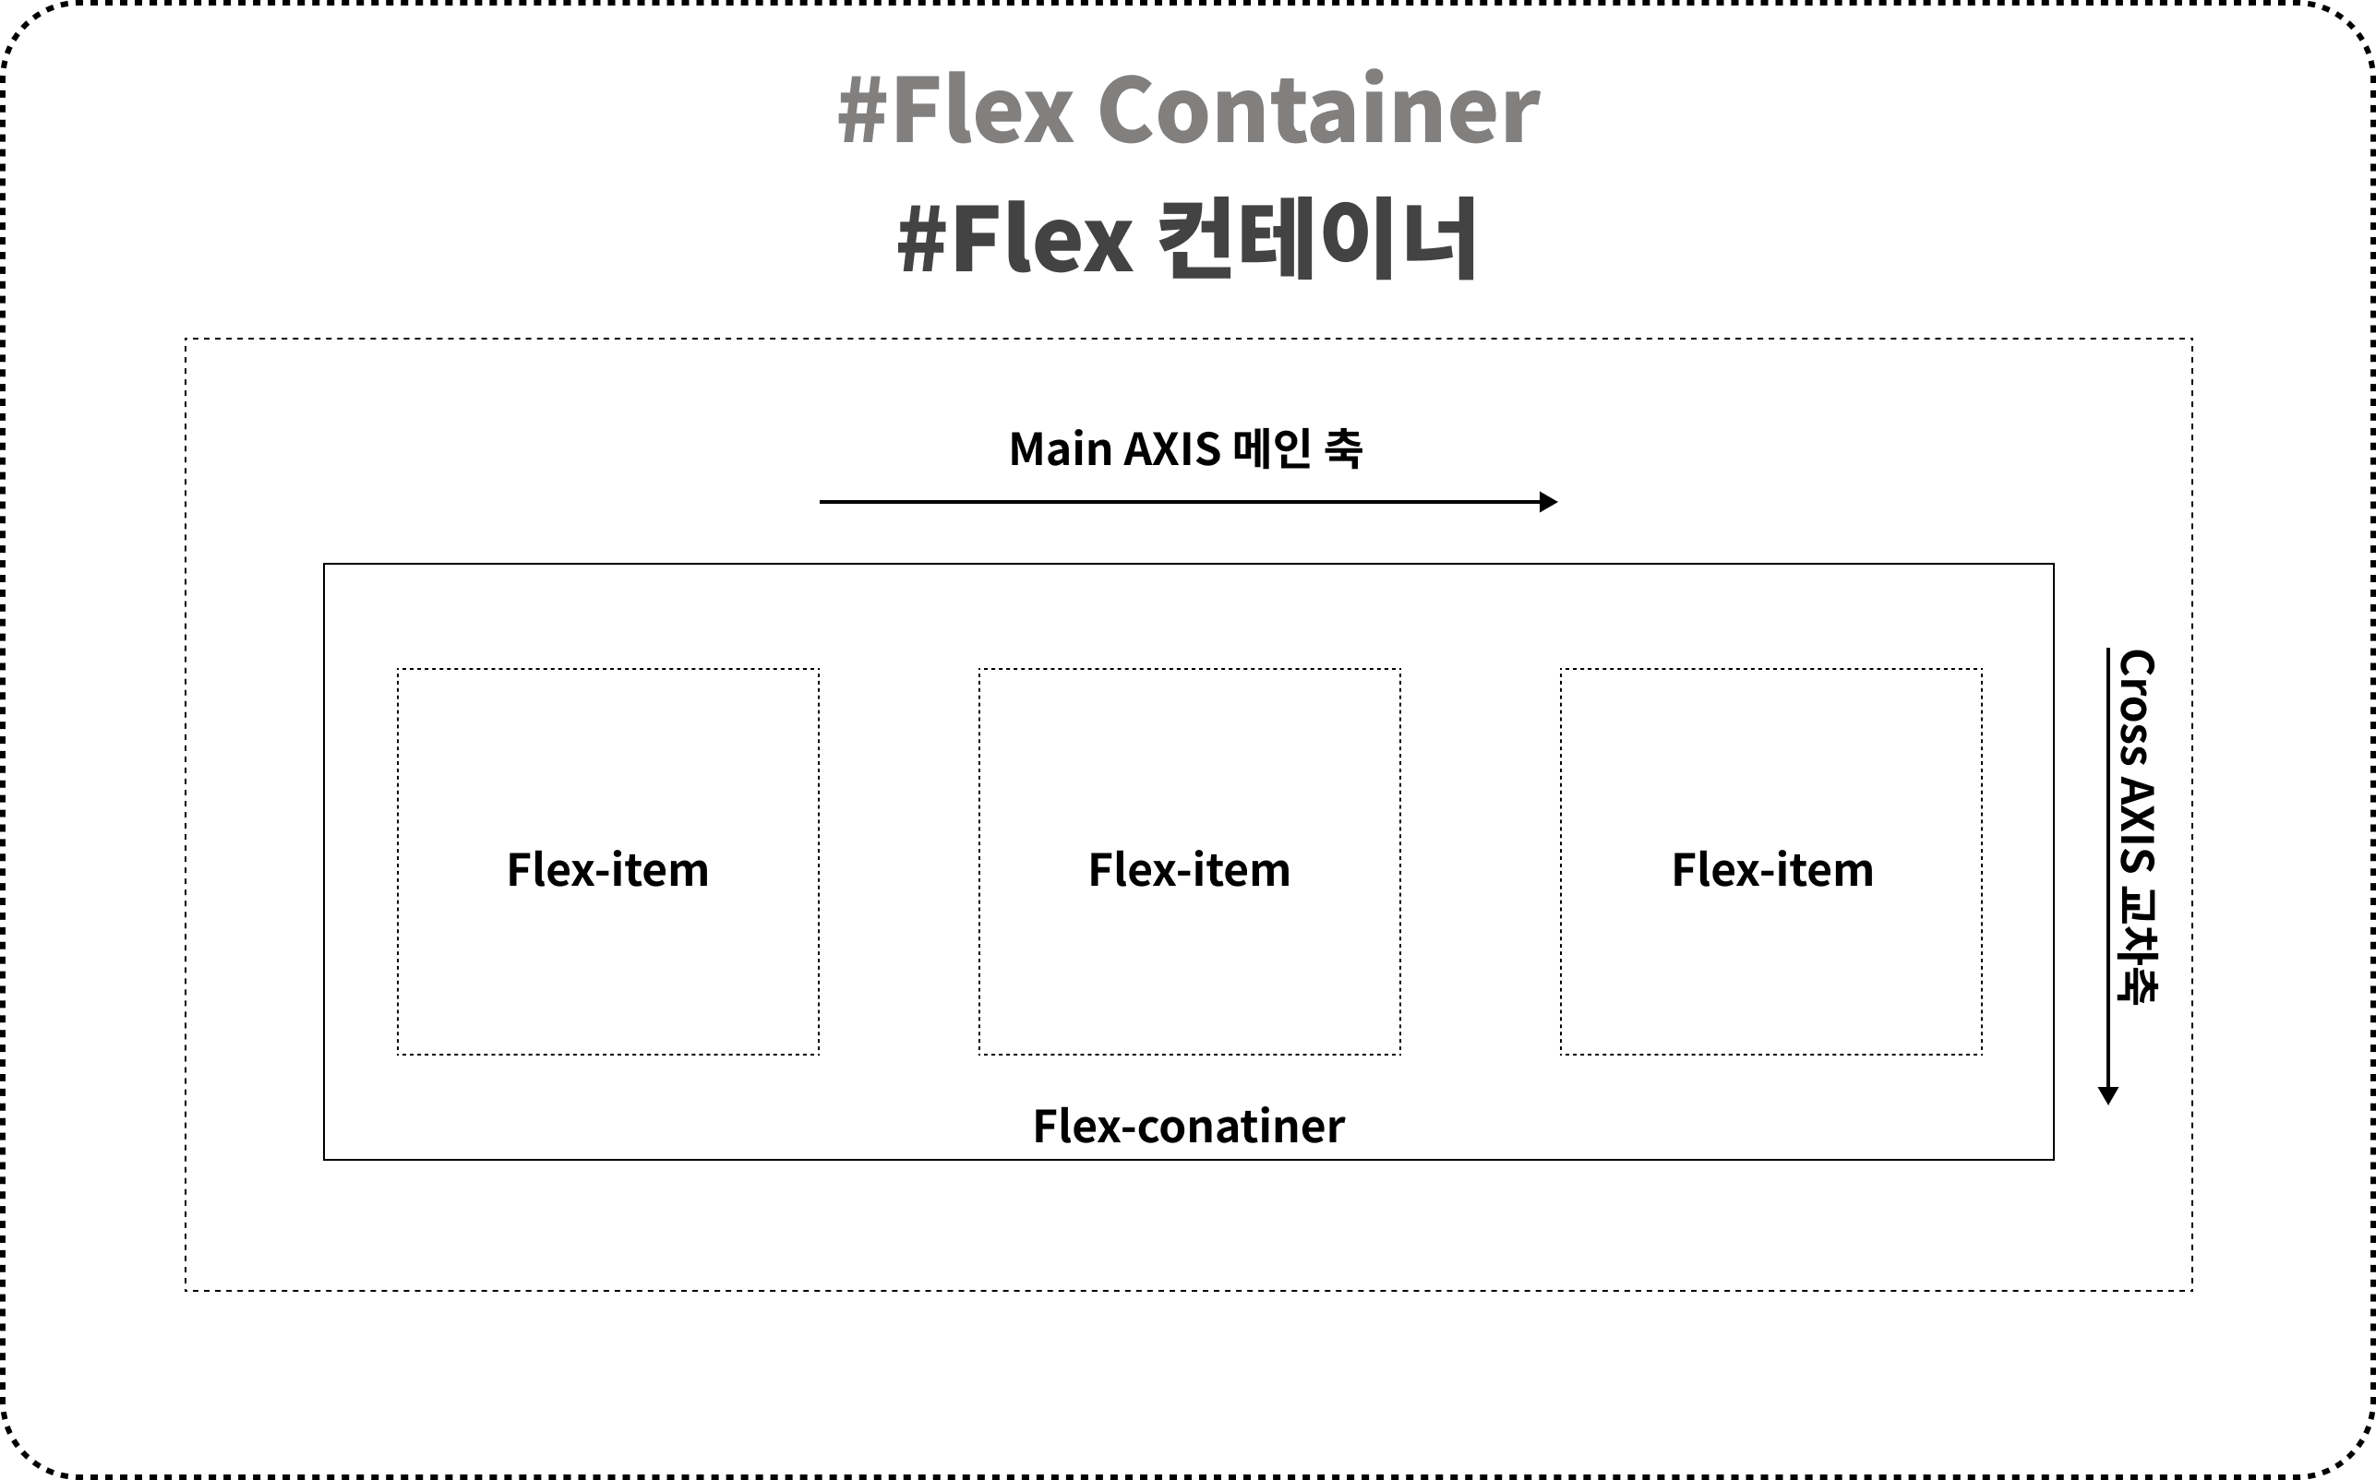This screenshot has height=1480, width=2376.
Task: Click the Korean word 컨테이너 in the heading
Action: (1316, 239)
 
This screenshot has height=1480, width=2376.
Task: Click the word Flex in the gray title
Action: (982, 110)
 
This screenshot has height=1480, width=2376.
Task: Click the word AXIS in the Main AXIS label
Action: (1172, 449)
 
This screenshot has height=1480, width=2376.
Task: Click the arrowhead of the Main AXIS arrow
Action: (1548, 502)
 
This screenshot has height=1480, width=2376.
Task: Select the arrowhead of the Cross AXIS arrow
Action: (2108, 1095)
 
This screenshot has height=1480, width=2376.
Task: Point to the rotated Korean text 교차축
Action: (2137, 946)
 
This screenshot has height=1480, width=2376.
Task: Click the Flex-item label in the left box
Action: (608, 870)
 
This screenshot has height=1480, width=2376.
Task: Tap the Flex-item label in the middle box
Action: (1190, 870)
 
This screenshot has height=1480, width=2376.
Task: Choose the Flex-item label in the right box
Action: (1772, 870)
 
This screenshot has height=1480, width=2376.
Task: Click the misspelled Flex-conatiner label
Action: (1189, 1127)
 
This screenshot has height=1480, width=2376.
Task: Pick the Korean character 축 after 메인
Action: (1341, 449)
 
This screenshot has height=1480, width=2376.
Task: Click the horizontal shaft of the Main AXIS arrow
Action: (1175, 502)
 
